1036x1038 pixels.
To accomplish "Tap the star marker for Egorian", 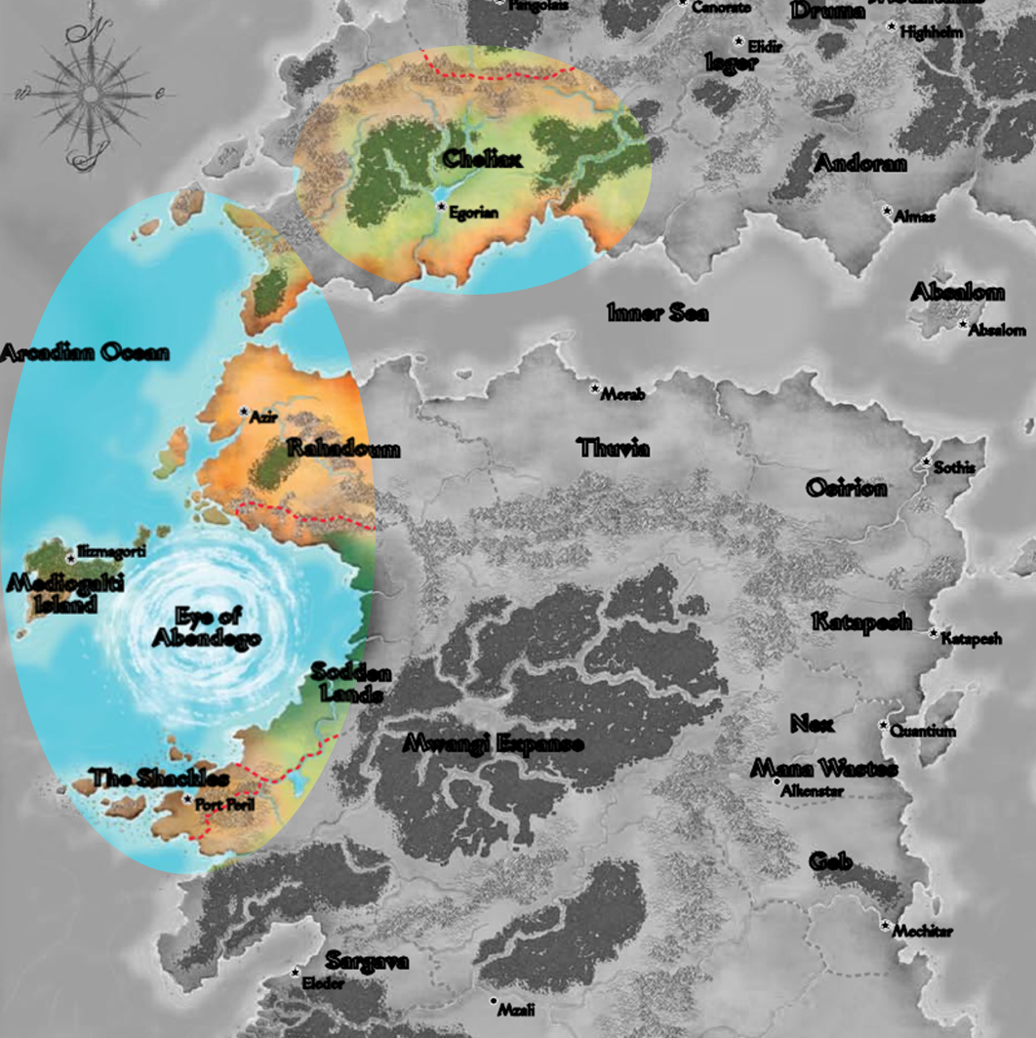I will click(441, 208).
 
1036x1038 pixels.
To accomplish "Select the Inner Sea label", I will click(657, 313).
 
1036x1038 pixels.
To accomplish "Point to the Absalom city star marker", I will click(963, 325).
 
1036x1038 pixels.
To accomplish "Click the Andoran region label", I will click(859, 164).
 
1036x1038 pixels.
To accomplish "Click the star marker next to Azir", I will click(244, 412).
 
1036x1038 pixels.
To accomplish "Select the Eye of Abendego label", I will click(206, 628).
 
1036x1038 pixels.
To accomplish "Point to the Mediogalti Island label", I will click(53, 593).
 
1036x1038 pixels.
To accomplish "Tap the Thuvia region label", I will click(614, 449).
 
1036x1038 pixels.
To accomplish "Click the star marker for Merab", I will click(594, 389).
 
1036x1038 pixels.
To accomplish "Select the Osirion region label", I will click(846, 488).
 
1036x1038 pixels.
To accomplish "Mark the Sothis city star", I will click(927, 462).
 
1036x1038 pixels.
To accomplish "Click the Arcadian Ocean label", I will click(84, 353).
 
